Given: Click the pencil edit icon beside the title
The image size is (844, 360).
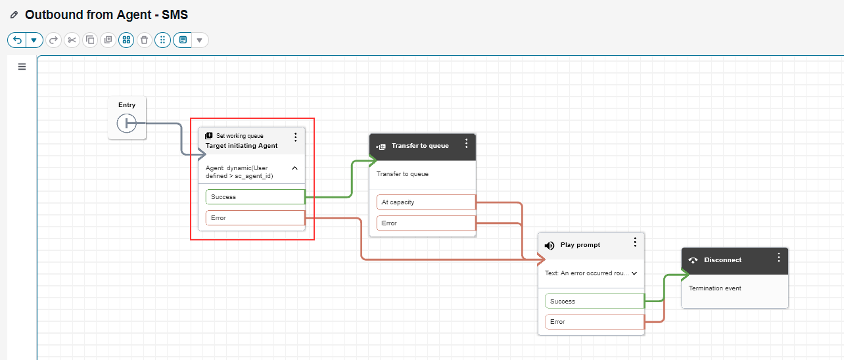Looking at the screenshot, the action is tap(14, 15).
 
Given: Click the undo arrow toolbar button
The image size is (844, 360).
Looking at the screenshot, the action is tap(17, 40).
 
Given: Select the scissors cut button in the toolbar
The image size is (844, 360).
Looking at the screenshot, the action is tap(72, 40).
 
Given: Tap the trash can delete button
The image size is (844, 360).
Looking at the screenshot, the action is tap(145, 40).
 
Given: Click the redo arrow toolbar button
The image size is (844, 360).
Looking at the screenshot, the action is tap(53, 40).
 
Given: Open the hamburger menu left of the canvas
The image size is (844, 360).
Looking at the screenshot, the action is tap(22, 66).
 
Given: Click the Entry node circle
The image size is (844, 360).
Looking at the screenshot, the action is tap(126, 123).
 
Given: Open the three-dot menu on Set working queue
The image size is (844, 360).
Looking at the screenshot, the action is tap(295, 137).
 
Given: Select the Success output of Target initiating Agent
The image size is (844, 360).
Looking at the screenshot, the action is tap(255, 197).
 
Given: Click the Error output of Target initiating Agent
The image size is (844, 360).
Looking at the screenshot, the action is tap(255, 218).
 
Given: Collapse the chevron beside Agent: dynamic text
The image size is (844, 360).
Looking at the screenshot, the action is tap(294, 168).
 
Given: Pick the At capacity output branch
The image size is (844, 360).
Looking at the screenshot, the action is tap(426, 202).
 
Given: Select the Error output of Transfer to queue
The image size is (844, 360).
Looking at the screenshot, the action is tap(426, 223).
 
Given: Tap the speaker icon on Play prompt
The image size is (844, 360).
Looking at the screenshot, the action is tap(550, 246).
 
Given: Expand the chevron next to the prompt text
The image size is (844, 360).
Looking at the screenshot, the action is tap(634, 273).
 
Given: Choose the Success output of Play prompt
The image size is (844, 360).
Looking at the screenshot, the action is tap(595, 302).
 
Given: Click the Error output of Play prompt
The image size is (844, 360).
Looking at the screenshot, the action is tap(595, 322).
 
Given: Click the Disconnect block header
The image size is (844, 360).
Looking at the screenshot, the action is tap(735, 261).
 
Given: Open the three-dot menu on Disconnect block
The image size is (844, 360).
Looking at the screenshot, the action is tap(779, 258).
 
